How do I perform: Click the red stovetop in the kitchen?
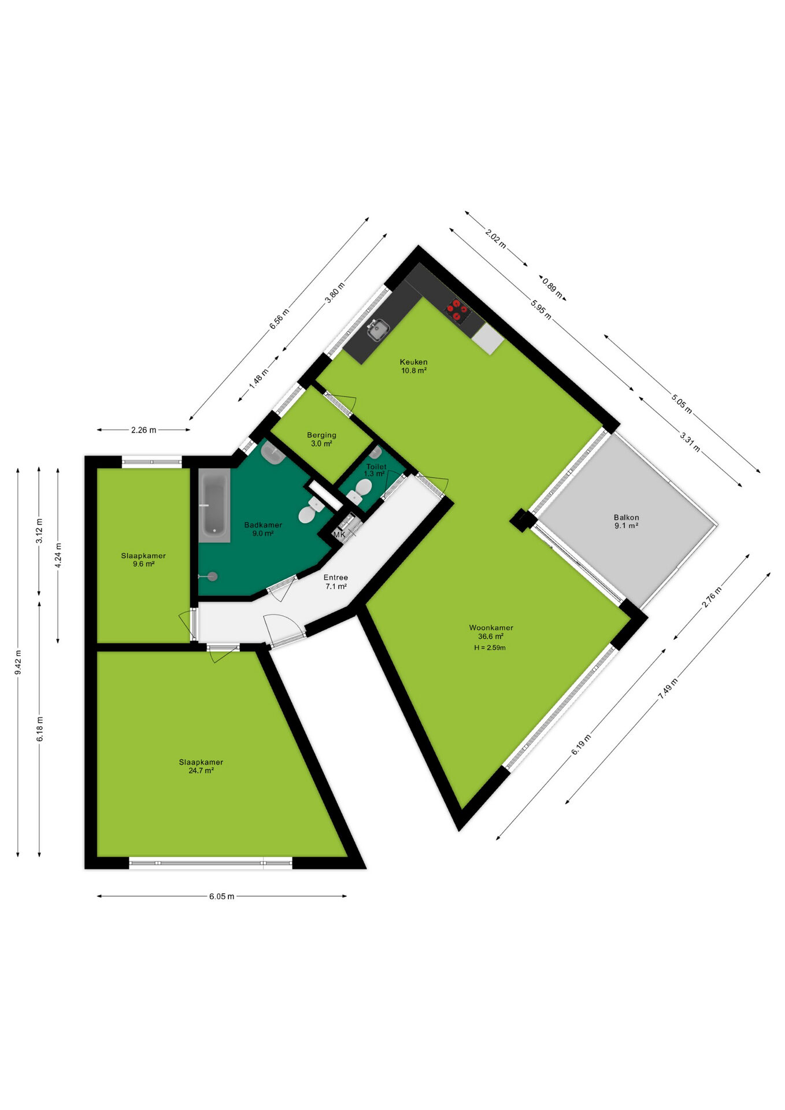[457, 309]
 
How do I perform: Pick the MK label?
[339, 535]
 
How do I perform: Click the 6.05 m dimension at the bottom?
[222, 896]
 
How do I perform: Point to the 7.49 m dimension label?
[668, 689]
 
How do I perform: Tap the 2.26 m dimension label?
[143, 430]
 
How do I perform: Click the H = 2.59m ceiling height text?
[490, 647]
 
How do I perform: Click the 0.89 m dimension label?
[553, 288]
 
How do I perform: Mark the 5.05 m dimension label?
[682, 402]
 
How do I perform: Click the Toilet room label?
[376, 467]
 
